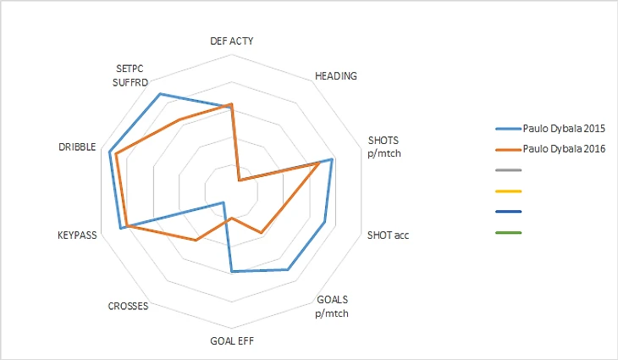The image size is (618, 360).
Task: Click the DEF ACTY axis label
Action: [231, 41]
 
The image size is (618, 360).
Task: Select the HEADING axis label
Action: [335, 75]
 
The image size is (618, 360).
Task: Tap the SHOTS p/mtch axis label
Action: [384, 146]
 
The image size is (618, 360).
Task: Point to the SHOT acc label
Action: [389, 235]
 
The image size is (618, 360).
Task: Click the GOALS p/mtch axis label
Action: [332, 306]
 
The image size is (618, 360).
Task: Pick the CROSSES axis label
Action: [129, 306]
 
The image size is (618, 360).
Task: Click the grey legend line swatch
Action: [509, 170]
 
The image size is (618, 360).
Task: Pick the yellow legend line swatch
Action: [509, 191]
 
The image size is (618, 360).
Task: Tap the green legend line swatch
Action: [509, 232]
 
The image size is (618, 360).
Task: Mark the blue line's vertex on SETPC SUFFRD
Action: [160, 94]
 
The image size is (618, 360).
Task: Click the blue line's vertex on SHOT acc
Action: [325, 222]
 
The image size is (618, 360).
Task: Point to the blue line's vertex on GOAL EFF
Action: [231, 272]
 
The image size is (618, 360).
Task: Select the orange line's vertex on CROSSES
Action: [196, 241]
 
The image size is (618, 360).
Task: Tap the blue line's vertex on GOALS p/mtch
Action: [288, 269]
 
